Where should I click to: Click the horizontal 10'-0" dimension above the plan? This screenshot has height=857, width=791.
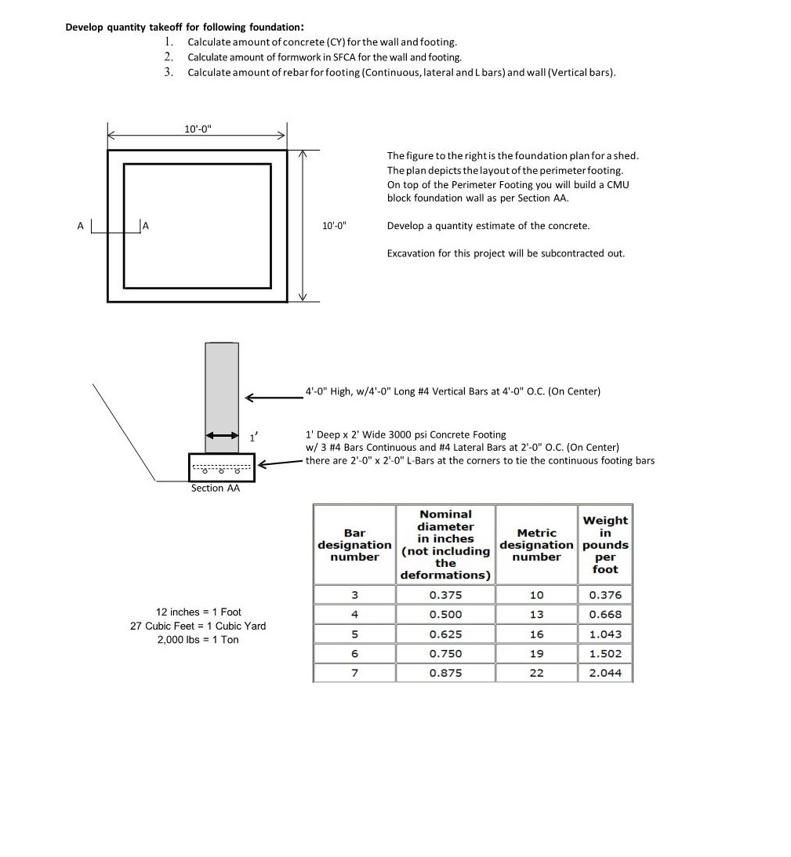click(198, 128)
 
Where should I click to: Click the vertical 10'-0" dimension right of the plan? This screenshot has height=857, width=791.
click(334, 226)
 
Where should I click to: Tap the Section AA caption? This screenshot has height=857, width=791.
click(216, 488)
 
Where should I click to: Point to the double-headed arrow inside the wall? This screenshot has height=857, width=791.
click(222, 435)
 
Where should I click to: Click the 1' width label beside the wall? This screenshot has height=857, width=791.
click(252, 437)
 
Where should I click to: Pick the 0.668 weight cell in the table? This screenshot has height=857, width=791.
click(604, 615)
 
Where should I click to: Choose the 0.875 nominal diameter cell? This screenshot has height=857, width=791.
click(445, 673)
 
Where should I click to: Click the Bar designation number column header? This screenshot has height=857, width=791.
click(354, 545)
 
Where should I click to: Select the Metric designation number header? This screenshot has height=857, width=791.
click(536, 545)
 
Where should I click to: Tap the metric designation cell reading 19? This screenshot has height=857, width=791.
click(536, 653)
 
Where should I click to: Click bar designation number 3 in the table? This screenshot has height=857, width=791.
click(354, 595)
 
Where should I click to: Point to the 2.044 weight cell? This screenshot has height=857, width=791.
click(604, 673)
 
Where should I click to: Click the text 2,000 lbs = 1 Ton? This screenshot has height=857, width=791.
click(198, 640)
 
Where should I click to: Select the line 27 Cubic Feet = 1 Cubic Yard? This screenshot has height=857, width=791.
click(198, 626)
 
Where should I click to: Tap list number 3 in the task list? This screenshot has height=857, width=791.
click(169, 72)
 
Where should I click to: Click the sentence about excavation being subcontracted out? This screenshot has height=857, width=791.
click(506, 253)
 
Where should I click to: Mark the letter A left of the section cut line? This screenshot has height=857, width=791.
click(79, 226)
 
